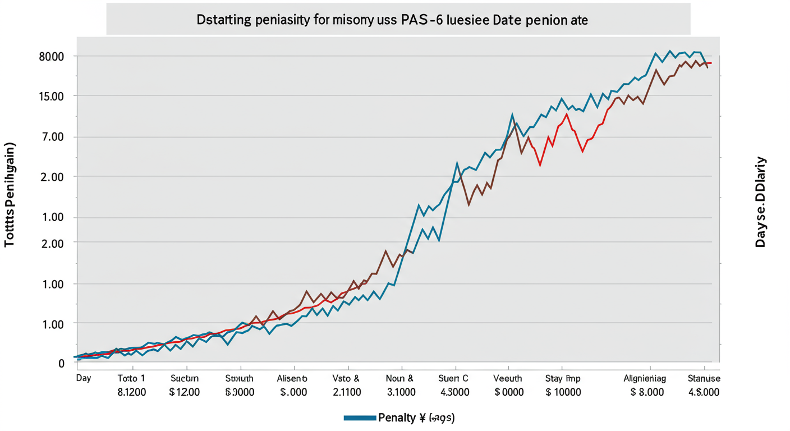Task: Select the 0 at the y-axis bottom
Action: [x=61, y=363]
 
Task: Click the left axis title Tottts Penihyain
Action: [x=10, y=195]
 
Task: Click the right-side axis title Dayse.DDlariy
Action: [x=760, y=202]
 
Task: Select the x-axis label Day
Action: [x=84, y=378]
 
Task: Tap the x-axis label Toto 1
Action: [x=131, y=378]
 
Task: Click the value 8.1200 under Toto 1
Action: [x=131, y=392]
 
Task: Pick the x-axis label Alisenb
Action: [x=292, y=378]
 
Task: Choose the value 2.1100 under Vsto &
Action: [x=346, y=392]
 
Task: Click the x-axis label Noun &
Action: [x=400, y=378]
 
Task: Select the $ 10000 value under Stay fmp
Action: [x=563, y=392]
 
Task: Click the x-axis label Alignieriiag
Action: [x=645, y=378]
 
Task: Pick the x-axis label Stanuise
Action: [x=704, y=378]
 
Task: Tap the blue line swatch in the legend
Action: [x=359, y=418]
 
